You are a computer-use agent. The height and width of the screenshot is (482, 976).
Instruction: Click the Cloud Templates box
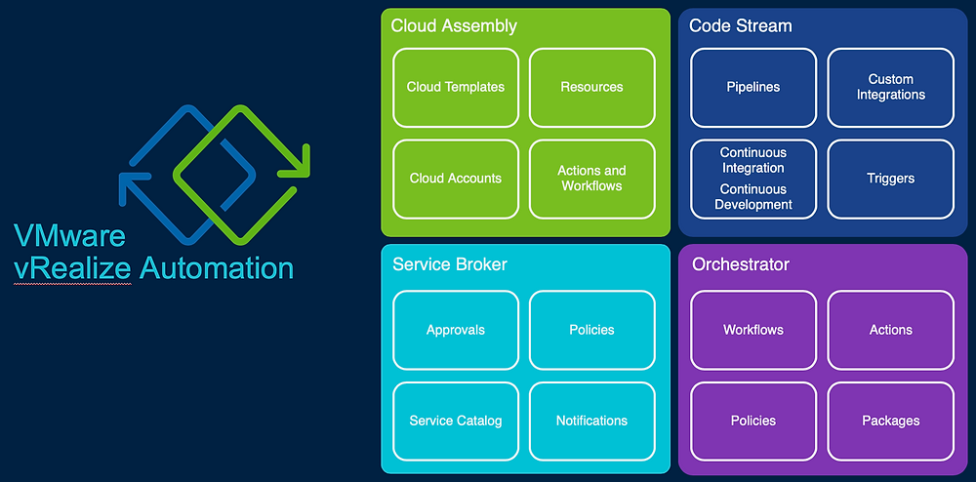point(456,87)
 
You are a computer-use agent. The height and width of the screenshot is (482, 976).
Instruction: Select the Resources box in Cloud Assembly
point(591,87)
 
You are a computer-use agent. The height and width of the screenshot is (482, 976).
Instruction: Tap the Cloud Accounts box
point(456,179)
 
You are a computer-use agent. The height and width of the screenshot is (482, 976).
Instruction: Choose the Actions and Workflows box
point(591,179)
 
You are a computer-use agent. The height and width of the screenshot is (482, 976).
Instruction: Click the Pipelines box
point(753,87)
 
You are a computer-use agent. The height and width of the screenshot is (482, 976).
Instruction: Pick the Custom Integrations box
point(890,87)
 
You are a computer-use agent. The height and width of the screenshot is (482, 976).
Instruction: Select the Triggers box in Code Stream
point(890,179)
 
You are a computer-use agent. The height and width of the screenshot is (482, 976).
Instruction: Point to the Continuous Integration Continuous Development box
point(753,179)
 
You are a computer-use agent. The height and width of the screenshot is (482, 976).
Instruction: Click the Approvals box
point(456,330)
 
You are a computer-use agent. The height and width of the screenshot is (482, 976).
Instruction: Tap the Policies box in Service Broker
point(591,330)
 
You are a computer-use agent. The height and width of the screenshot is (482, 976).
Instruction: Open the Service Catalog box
point(456,421)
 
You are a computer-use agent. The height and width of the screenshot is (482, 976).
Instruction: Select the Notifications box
point(591,421)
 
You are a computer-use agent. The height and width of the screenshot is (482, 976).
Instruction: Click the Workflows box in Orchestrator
point(753,330)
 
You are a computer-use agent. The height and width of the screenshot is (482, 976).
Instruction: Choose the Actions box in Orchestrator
point(890,330)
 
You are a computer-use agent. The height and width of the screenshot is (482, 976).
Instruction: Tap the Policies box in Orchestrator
point(753,421)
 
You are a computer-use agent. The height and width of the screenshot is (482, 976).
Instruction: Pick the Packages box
point(890,421)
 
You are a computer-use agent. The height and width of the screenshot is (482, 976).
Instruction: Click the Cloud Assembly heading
point(454,26)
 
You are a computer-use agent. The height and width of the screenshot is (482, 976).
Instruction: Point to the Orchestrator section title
point(741,264)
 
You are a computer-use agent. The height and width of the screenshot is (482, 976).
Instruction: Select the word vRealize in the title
point(72,267)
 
